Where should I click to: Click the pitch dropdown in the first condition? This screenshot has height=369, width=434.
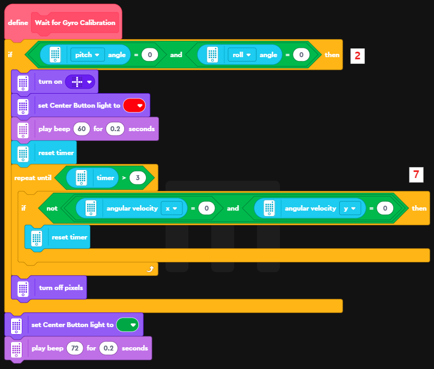point(88,55)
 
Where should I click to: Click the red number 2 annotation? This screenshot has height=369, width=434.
point(357,56)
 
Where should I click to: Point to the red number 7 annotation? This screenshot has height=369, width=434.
point(416,175)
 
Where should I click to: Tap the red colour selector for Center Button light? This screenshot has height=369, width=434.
point(135,106)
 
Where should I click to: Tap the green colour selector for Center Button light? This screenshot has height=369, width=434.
point(128,325)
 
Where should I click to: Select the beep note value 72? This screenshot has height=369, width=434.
point(75,348)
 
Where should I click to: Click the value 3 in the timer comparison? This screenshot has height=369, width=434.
point(138,178)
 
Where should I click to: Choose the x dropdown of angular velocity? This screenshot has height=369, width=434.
point(172,208)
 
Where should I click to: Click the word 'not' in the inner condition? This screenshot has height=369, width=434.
point(52,208)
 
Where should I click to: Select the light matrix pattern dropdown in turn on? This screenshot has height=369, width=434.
point(80,82)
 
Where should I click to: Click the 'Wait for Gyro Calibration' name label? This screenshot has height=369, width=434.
point(75,23)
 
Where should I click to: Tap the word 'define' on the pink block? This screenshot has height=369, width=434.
point(18,23)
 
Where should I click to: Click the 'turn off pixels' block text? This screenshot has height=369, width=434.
point(61,287)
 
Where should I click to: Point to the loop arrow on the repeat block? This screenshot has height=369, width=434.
point(150,269)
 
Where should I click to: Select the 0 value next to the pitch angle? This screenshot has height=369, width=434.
point(149,55)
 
